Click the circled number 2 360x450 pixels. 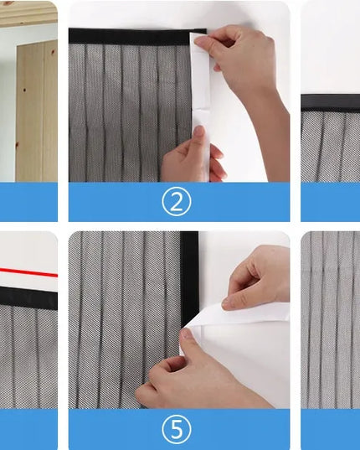[x=176, y=201]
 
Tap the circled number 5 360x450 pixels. [x=177, y=429]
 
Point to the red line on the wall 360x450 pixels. [x=28, y=272]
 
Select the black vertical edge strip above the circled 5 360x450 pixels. [x=189, y=278]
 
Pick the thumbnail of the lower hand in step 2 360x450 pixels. [x=198, y=131]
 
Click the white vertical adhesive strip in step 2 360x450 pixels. [x=201, y=106]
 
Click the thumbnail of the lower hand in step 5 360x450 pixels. [x=187, y=334]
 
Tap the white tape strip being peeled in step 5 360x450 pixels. [x=238, y=316]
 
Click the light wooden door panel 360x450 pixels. [x=37, y=112]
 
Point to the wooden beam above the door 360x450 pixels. [x=28, y=13]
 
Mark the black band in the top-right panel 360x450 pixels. [x=331, y=102]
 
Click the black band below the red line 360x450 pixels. [x=28, y=297]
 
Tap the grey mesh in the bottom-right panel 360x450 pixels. [x=331, y=320]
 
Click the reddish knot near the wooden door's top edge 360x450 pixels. [x=53, y=52]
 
